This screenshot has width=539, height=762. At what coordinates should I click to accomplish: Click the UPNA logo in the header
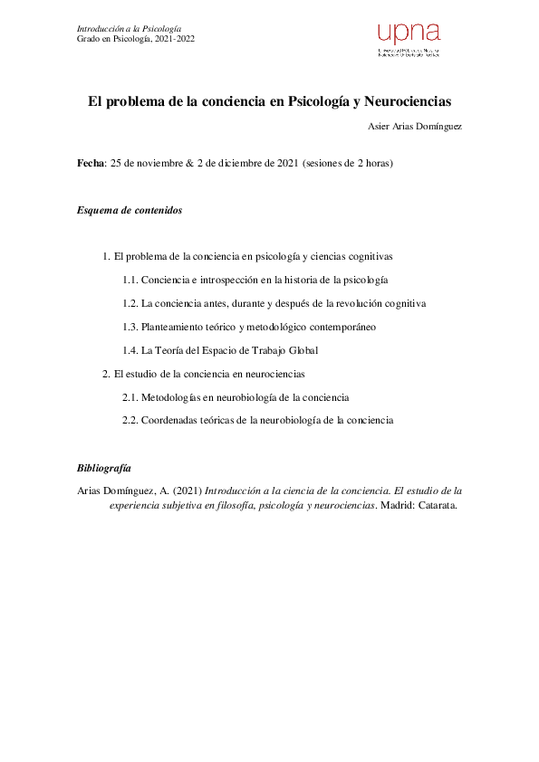pyautogui.click(x=408, y=40)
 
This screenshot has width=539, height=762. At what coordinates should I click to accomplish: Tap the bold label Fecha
pyautogui.click(x=91, y=164)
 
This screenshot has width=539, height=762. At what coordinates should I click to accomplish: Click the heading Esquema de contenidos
pyautogui.click(x=130, y=210)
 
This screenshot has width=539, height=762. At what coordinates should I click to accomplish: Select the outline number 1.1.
pyautogui.click(x=130, y=280)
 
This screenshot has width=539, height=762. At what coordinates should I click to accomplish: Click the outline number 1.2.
pyautogui.click(x=130, y=303)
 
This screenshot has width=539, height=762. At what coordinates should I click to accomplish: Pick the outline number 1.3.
pyautogui.click(x=130, y=327)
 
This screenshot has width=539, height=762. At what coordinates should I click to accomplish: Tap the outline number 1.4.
pyautogui.click(x=130, y=350)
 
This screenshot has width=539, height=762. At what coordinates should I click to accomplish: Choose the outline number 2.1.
pyautogui.click(x=130, y=397)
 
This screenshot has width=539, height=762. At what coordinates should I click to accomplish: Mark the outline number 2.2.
pyautogui.click(x=130, y=421)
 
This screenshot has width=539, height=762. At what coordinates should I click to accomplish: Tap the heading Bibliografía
pyautogui.click(x=104, y=468)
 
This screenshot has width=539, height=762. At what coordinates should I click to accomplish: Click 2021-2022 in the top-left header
pyautogui.click(x=172, y=39)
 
